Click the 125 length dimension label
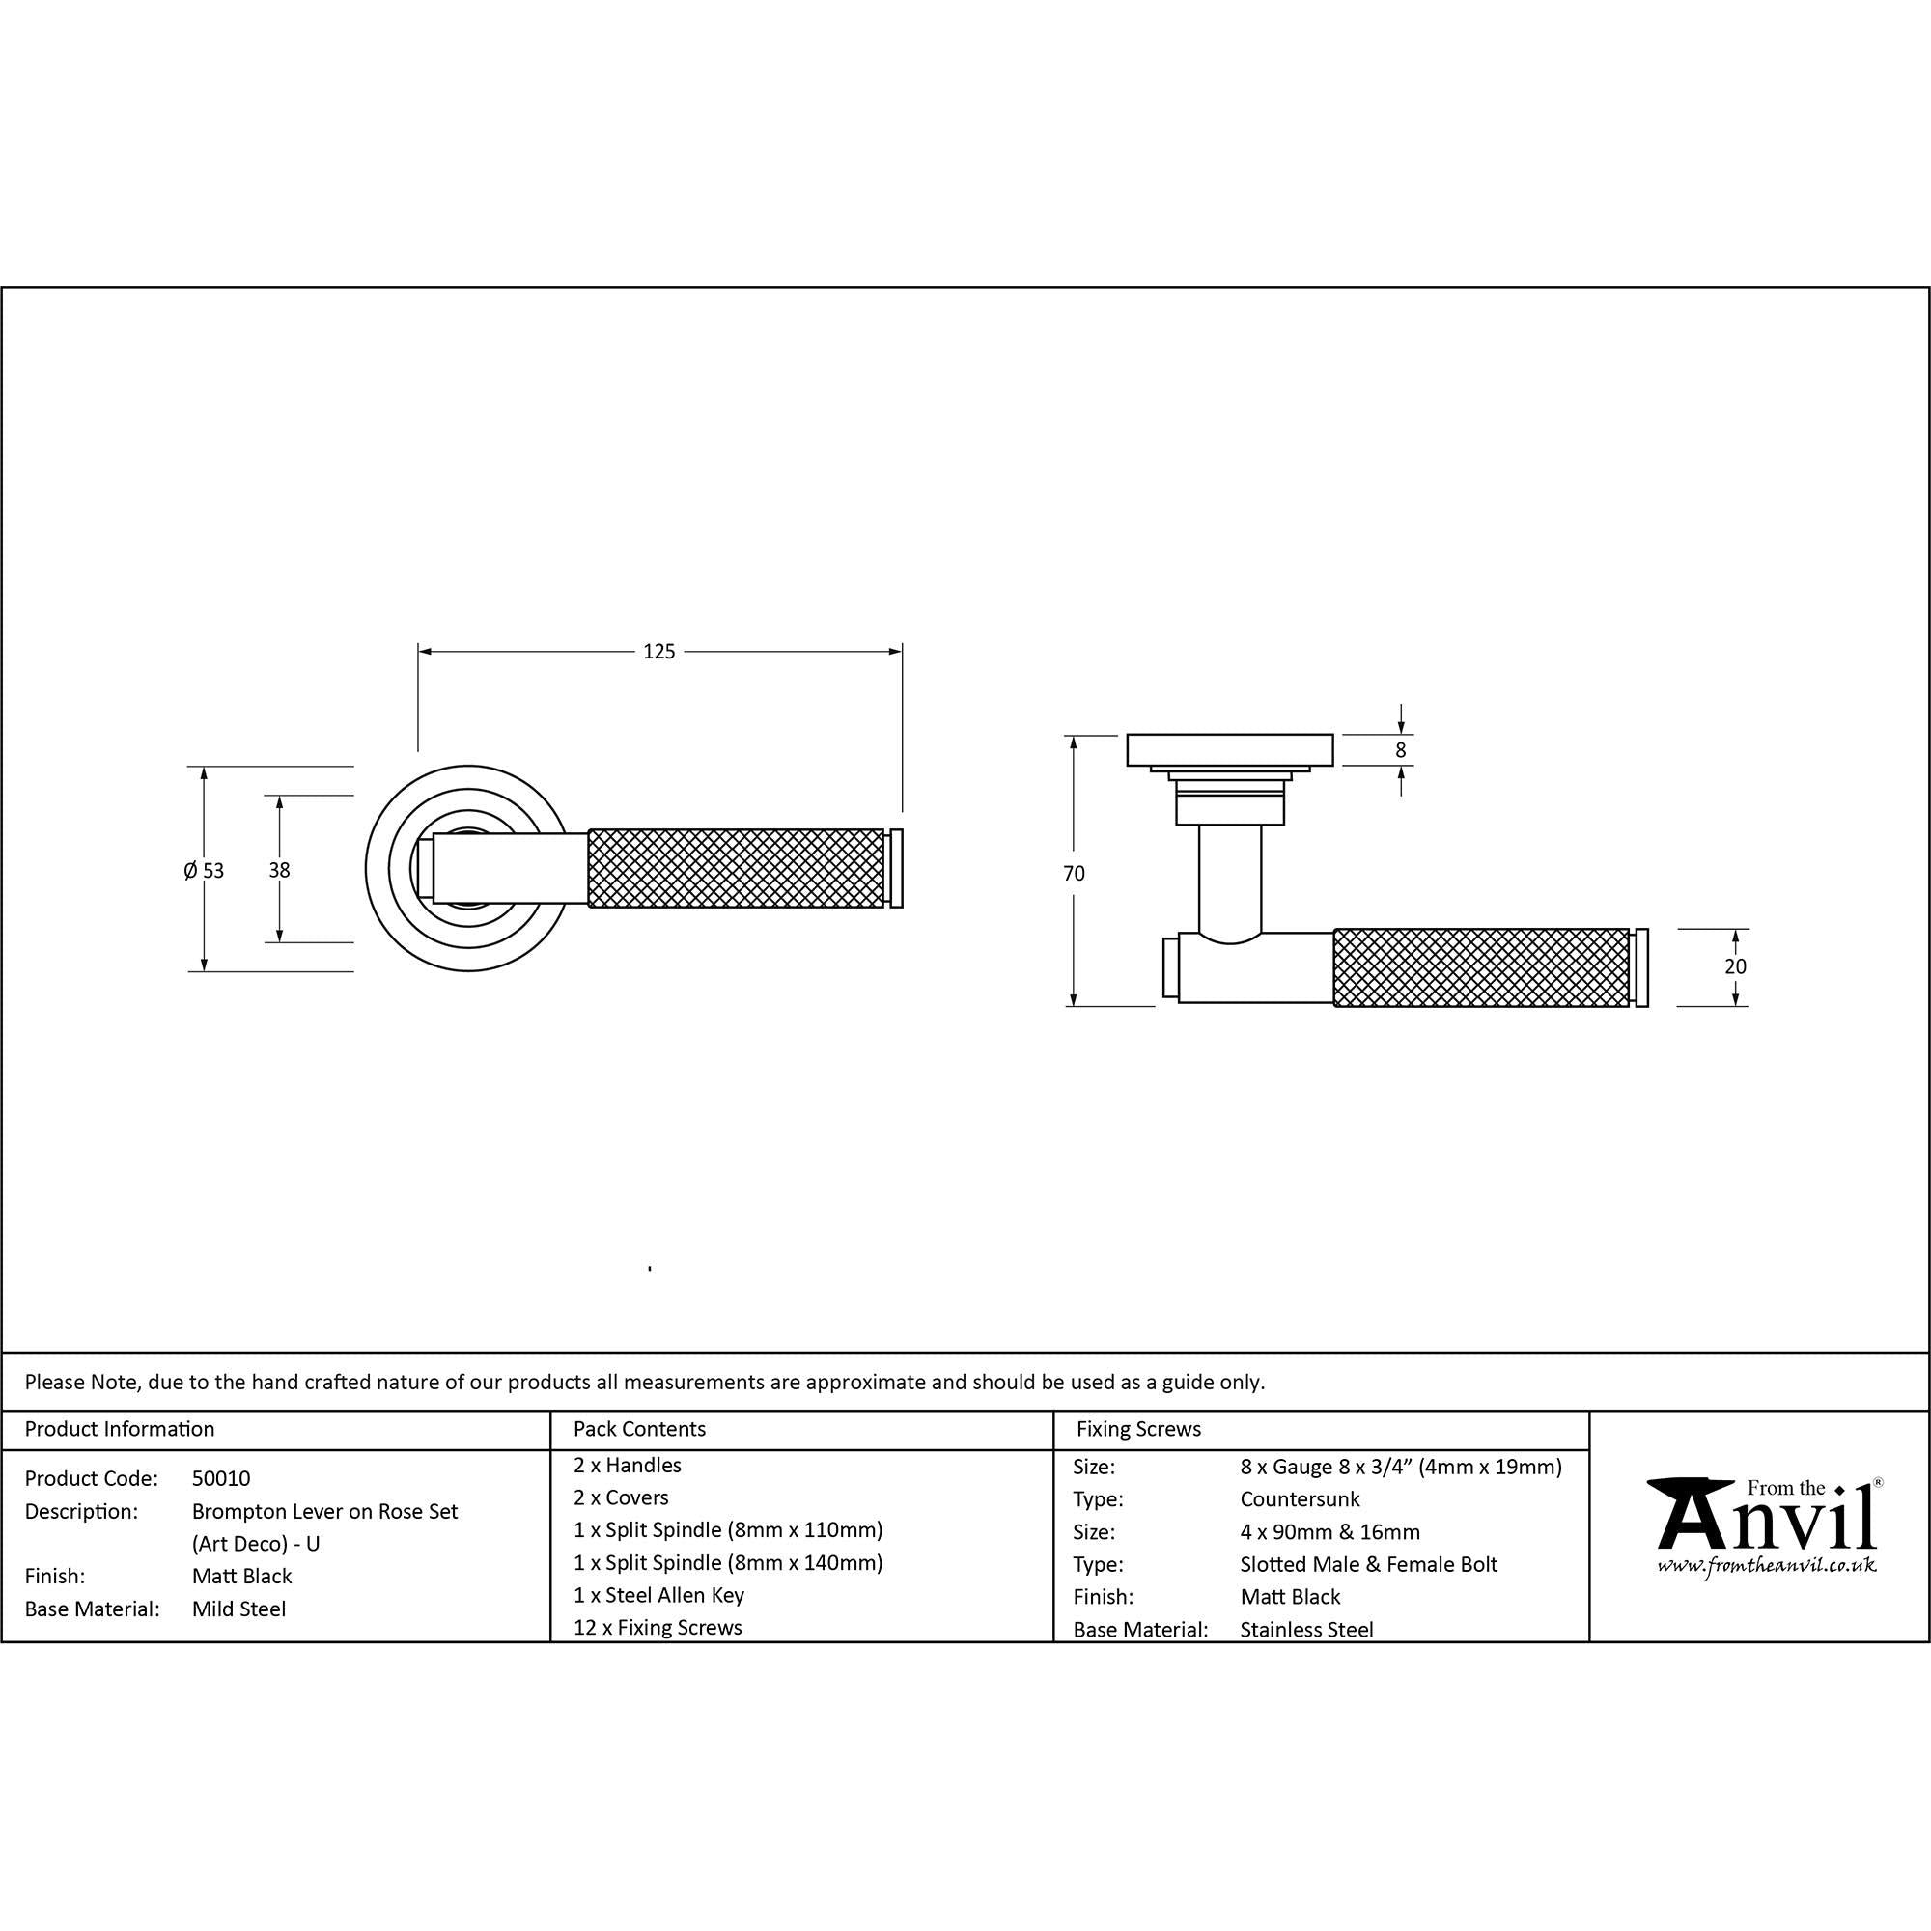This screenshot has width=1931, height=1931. pyautogui.click(x=658, y=652)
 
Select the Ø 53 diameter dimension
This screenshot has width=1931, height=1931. pyautogui.click(x=204, y=871)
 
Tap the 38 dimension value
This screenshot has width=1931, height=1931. pyautogui.click(x=279, y=871)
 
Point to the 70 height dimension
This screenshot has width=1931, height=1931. pyautogui.click(x=1074, y=874)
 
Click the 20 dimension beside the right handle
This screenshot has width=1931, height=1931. pyautogui.click(x=1735, y=966)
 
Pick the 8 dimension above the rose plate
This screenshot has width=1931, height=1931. pyautogui.click(x=1400, y=749)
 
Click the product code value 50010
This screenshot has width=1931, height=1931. pyautogui.click(x=221, y=1478)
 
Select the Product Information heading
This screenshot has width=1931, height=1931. pyautogui.click(x=119, y=1429)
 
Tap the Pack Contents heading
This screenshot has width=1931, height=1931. pyautogui.click(x=640, y=1429)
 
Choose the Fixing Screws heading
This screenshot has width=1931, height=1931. pyautogui.click(x=1138, y=1429)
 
